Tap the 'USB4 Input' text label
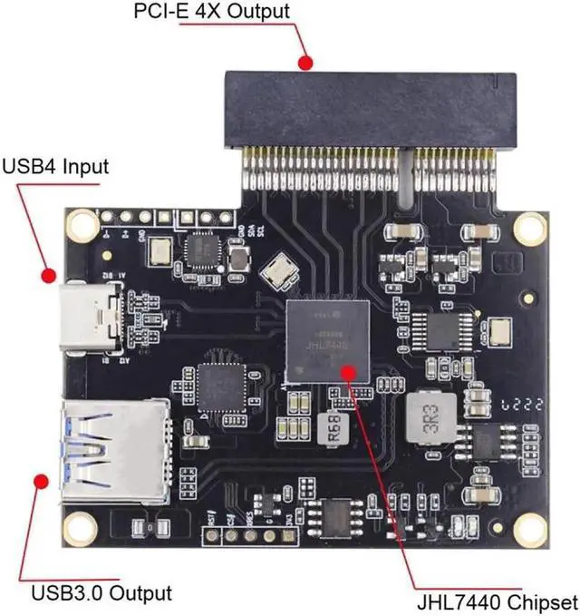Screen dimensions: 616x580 (55, 167)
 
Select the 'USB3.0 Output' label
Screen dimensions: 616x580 (101, 594)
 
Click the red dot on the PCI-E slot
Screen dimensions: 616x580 (306, 64)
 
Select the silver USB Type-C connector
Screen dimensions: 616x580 (92, 318)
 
